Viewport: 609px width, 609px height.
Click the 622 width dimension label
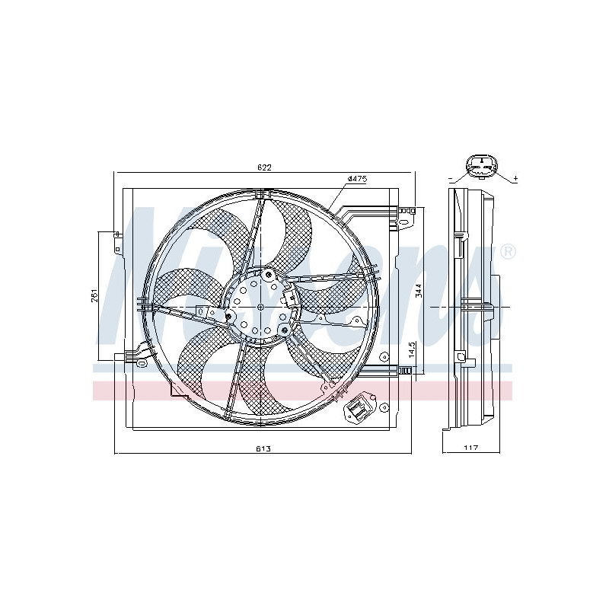263,167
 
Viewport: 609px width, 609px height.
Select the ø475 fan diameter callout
357,179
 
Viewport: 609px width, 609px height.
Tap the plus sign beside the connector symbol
515,178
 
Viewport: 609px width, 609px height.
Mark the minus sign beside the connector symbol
451,178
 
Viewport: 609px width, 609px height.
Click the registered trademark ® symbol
507,252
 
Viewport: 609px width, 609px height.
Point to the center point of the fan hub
261,306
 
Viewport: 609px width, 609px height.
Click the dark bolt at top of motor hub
269,273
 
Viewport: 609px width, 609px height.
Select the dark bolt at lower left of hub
228,317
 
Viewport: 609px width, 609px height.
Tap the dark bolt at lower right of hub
283,330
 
